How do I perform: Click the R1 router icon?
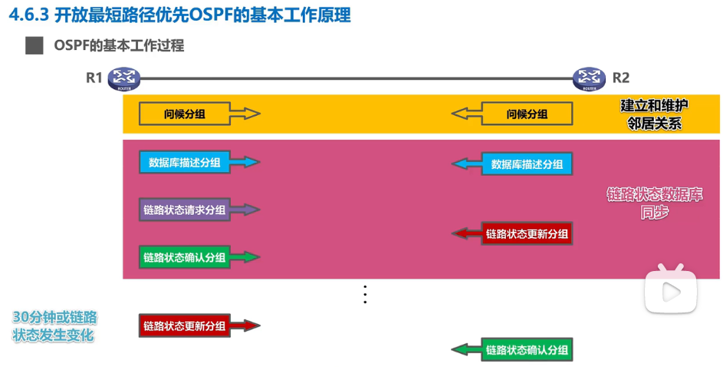(123, 78)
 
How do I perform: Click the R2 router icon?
(589, 78)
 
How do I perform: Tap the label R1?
(94, 78)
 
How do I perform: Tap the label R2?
(620, 78)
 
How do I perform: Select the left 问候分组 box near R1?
(185, 114)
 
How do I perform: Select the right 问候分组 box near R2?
(527, 114)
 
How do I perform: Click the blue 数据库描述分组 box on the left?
(185, 162)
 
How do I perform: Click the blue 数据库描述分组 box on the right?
(527, 164)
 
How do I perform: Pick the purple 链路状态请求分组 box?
(185, 210)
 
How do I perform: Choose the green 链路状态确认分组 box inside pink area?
(185, 257)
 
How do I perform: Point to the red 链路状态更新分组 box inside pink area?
(527, 233)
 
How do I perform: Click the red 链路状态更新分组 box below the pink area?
(185, 326)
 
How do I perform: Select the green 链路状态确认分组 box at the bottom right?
(527, 350)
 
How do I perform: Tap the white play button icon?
(670, 291)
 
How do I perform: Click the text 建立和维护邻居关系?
(654, 114)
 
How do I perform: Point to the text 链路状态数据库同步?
(654, 203)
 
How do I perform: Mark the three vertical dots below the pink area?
(366, 294)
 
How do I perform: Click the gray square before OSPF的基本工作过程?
(35, 45)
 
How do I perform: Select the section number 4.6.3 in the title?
(29, 15)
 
